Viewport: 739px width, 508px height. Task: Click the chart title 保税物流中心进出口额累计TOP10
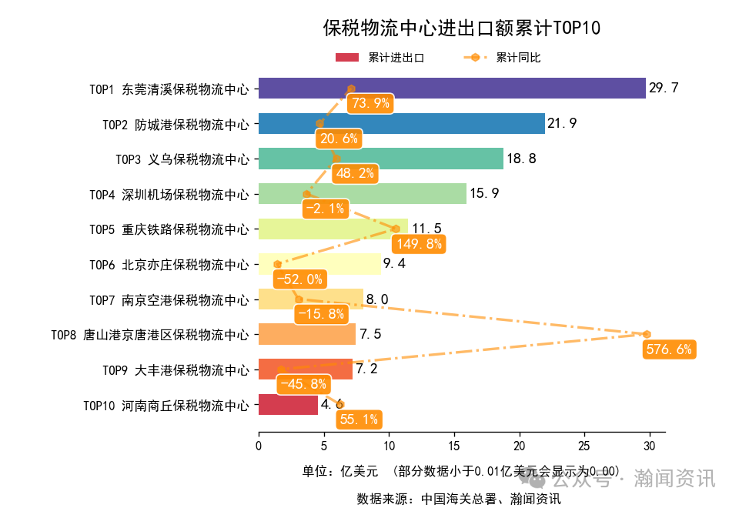click(461, 28)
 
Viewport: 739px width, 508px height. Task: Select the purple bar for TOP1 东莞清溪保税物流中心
click(451, 89)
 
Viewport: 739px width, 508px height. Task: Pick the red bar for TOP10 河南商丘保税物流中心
click(288, 404)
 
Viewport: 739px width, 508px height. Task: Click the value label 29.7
click(664, 89)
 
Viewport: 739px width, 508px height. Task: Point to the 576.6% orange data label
click(668, 349)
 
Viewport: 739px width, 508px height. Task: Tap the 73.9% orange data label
click(369, 103)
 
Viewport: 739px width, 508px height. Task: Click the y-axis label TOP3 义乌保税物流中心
click(182, 159)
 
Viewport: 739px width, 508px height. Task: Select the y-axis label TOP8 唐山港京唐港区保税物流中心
click(149, 335)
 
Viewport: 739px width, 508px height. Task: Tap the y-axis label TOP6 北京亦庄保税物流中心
click(169, 265)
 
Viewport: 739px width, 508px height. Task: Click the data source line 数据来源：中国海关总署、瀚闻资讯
click(458, 498)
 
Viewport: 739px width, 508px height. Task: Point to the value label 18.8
click(521, 159)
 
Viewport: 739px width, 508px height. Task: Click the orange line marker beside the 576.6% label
click(647, 334)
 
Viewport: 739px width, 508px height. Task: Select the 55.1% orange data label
click(359, 419)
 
